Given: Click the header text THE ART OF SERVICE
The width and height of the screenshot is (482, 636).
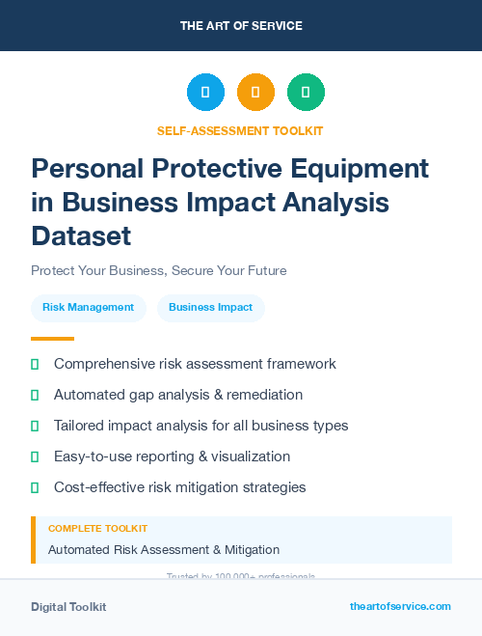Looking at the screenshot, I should coord(241,26).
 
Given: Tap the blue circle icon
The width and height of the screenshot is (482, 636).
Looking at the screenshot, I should coord(205,92).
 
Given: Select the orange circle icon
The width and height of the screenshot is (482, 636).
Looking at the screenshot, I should coord(255,92).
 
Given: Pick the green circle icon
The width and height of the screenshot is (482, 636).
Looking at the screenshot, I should coord(306,92).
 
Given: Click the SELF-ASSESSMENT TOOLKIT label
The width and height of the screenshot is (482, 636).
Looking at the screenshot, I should coord(240,130).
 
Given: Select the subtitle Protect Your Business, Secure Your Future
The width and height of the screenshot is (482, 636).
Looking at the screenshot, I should coord(158,270).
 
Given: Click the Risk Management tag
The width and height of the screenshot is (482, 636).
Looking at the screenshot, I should coord(88,307).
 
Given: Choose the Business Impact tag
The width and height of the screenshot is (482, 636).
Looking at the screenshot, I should coord(210,307).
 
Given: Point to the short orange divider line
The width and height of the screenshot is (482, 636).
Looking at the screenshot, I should coord(52,339).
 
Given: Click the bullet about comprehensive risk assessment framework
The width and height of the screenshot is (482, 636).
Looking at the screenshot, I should coord(195,364).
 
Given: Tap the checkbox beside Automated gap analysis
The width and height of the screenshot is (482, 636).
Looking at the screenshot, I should coord(35,395).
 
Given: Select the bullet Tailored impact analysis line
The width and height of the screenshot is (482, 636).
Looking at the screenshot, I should coord(201,426).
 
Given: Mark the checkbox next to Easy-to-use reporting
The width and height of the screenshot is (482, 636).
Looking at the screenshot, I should coord(35,456).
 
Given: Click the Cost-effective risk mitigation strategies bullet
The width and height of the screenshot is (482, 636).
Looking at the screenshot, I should coord(179,487).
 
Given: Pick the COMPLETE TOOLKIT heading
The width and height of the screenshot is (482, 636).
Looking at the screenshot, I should coord(97,529).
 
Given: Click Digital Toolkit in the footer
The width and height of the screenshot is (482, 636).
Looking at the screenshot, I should coord(68,606).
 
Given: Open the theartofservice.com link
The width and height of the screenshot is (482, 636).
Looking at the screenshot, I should coord(400,606).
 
